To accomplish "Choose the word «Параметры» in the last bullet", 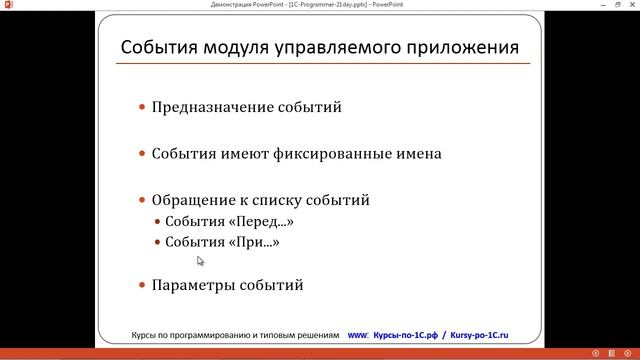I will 192,285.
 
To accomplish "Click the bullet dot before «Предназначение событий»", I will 142,107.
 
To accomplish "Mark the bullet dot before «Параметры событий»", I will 142,285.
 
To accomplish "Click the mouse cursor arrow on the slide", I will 200,261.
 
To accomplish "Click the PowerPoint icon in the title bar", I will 7,5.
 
